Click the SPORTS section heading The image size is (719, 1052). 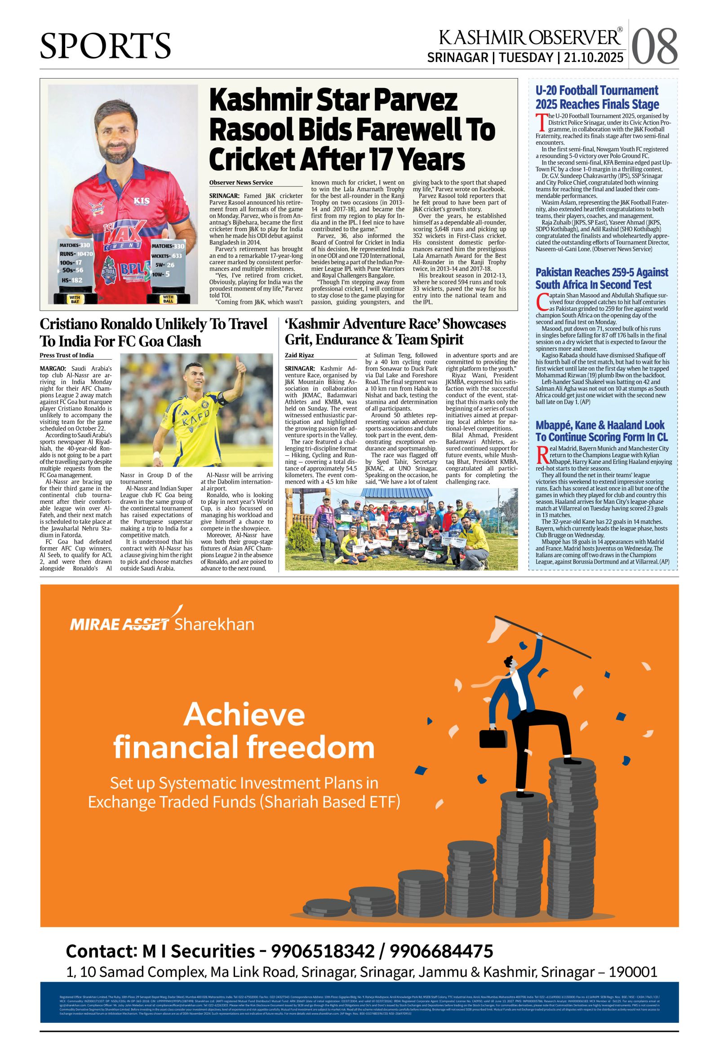point(106,46)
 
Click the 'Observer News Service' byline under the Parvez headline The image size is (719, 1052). point(241,182)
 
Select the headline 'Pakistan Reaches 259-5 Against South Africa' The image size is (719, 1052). point(602,278)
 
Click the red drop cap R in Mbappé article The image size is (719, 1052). point(541,454)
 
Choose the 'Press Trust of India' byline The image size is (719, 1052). point(67,355)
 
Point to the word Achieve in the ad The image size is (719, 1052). point(244,715)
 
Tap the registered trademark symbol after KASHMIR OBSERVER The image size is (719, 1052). point(620,30)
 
